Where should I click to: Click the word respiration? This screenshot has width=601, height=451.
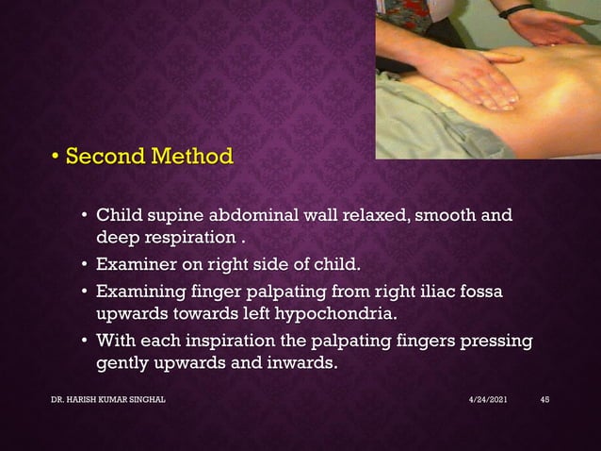pyautogui.click(x=184, y=236)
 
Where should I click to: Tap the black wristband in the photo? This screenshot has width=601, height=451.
pyautogui.click(x=516, y=11)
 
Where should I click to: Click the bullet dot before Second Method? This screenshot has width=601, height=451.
pyautogui.click(x=56, y=156)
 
